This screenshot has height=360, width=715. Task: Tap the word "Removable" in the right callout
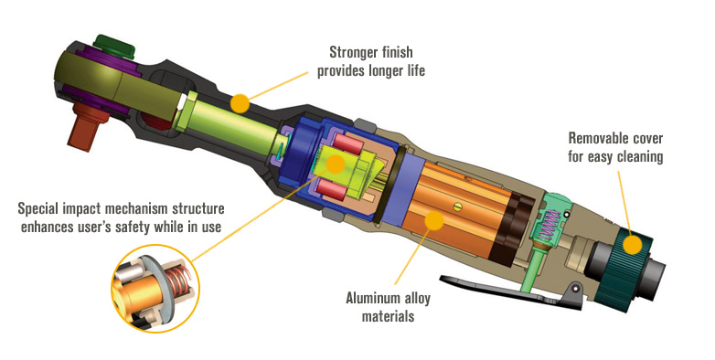[593, 138]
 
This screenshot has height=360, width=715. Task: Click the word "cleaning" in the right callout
[639, 157]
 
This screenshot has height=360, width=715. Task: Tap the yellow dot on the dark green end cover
[633, 245]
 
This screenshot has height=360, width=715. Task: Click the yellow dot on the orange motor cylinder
[433, 220]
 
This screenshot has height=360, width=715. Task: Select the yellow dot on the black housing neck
[240, 103]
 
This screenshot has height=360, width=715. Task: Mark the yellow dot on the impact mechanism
[336, 164]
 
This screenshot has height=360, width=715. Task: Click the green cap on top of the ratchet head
[114, 46]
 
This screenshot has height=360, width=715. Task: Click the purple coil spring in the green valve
[550, 223]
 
